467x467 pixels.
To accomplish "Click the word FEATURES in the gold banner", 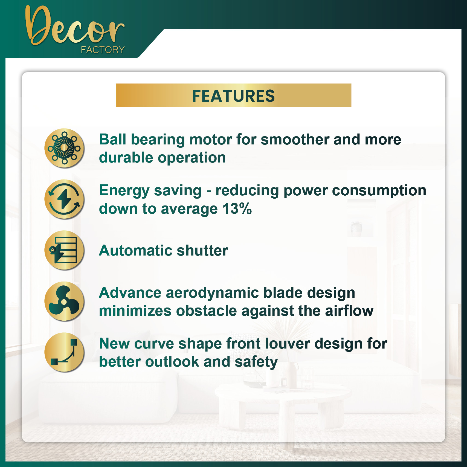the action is pyautogui.click(x=233, y=96).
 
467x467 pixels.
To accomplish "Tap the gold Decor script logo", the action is pyautogui.click(x=74, y=26).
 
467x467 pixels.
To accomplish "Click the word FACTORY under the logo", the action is pyautogui.click(x=103, y=50).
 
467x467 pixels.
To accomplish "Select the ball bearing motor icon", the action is pyautogui.click(x=64, y=148).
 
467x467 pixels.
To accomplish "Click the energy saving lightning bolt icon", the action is pyautogui.click(x=64, y=199).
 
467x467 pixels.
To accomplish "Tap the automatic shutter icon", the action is pyautogui.click(x=64, y=250).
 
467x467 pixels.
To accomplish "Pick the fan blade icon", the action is pyautogui.click(x=64, y=301).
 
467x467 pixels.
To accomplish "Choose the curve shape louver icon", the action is pyautogui.click(x=64, y=352).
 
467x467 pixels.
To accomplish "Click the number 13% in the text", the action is pyautogui.click(x=237, y=209).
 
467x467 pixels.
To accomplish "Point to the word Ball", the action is pyautogui.click(x=112, y=139).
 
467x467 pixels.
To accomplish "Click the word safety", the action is pyautogui.click(x=256, y=362).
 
